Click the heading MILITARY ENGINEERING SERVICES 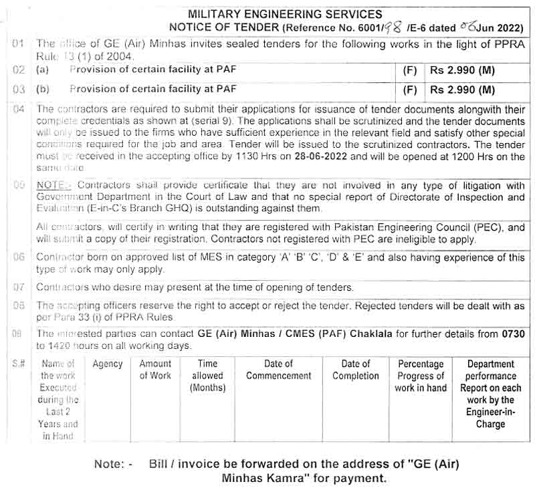[285, 14]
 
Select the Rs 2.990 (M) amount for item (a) [463, 69]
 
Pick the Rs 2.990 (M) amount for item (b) [463, 89]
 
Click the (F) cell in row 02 [411, 69]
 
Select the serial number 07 [19, 287]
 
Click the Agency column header [108, 364]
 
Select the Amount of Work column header [155, 370]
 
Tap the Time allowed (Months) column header [208, 376]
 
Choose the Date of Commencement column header [278, 370]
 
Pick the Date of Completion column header [355, 370]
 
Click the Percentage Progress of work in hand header [420, 376]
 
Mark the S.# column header [19, 364]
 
